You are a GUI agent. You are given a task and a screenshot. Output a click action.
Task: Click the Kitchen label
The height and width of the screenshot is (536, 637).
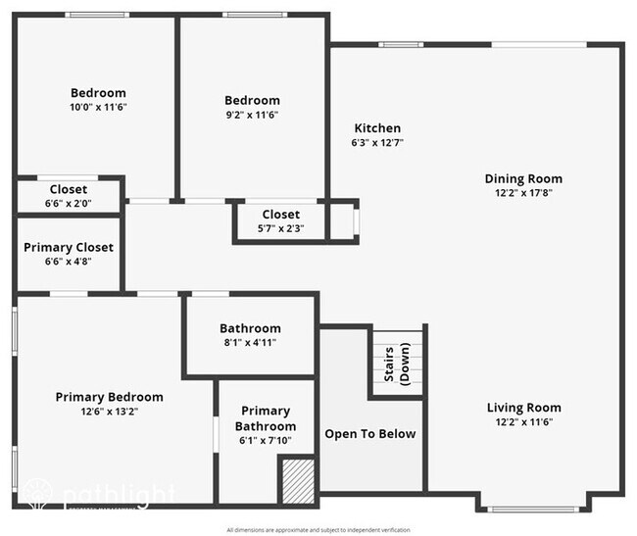(377, 128)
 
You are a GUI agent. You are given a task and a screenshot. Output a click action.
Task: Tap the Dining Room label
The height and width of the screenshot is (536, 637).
(523, 178)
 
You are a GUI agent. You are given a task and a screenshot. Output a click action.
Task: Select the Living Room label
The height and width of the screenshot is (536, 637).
(523, 408)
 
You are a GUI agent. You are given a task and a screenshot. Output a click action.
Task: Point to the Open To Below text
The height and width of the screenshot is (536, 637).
(369, 434)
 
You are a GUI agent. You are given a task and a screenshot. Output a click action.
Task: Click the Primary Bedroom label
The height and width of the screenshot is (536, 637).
(109, 397)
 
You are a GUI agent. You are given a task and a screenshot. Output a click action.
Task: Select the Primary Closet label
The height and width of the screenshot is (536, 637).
(69, 248)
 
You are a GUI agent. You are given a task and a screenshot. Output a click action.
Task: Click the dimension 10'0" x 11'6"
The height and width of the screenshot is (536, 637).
(98, 108)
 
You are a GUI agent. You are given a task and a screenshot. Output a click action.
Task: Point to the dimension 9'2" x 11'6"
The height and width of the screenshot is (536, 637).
(252, 115)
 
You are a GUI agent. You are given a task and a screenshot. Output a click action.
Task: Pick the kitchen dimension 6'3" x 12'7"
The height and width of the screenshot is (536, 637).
(377, 143)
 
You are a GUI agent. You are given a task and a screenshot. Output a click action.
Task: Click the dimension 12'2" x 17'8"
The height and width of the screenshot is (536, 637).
(523, 193)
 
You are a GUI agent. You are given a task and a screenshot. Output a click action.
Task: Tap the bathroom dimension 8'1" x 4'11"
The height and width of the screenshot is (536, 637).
(250, 343)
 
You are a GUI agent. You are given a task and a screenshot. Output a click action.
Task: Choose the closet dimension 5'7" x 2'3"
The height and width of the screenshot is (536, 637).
(280, 229)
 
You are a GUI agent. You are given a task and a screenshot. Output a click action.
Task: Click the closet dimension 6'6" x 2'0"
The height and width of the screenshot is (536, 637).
(69, 204)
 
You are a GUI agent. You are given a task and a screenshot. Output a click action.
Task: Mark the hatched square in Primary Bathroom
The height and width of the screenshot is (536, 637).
(295, 479)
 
